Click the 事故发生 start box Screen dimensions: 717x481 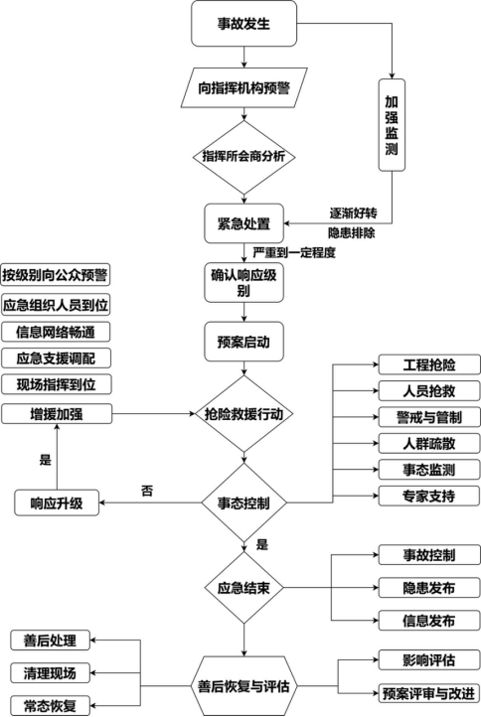pos(244,23)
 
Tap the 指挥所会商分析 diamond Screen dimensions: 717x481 pos(244,157)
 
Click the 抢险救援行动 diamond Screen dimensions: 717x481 pos(244,412)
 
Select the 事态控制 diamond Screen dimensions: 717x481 pos(244,502)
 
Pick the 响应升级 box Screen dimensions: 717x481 pos(57,503)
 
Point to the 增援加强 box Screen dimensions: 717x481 pos(57,412)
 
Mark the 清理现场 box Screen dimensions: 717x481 pos(50,672)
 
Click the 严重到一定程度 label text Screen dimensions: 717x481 pos(294,252)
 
